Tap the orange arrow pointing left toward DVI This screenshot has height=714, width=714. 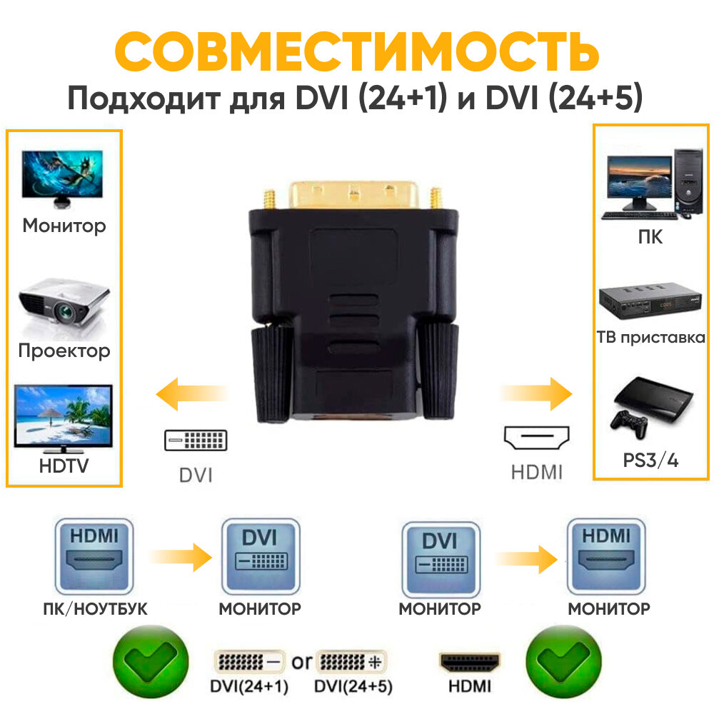click(x=191, y=395)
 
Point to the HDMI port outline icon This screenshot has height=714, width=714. click(x=536, y=438)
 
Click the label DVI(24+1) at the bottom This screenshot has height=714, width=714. click(x=250, y=687)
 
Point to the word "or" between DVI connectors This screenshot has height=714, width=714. click(x=301, y=662)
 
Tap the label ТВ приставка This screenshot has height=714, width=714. click(x=650, y=338)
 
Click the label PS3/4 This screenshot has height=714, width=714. click(x=650, y=461)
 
